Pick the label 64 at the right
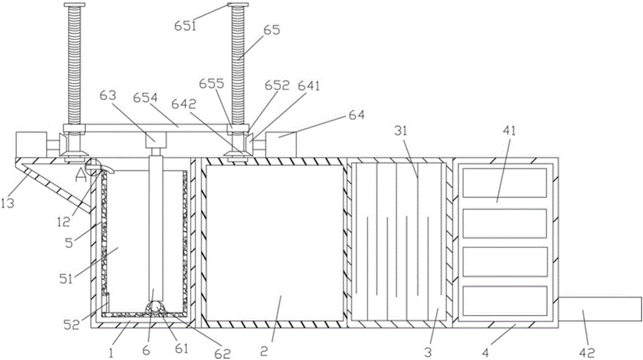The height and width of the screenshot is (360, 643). [x=356, y=116]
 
